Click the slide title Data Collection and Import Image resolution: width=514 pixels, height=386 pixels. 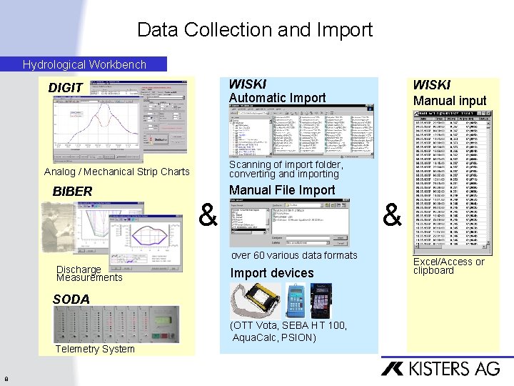pos(255,30)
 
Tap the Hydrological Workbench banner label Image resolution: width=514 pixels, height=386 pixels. pos(84,64)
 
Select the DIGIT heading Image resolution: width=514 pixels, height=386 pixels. pos(66,88)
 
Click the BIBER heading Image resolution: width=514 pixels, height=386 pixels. pos(72,192)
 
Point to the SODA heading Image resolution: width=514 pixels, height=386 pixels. pos(71,299)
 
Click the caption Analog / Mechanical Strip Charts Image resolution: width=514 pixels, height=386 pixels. pos(116,172)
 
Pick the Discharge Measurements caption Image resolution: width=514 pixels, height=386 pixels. pos(89,274)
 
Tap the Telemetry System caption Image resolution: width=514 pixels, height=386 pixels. pos(94,349)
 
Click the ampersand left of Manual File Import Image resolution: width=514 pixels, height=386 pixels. pos(208,214)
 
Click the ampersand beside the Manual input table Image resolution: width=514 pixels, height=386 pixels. pos(393,214)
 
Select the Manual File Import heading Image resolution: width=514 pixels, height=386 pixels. pos(282,190)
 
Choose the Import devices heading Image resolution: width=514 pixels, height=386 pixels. pos(272,273)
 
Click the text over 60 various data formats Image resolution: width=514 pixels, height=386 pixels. pos(293,255)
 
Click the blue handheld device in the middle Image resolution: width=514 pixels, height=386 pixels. pos(295,301)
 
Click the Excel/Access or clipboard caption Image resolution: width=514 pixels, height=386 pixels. pos(448,266)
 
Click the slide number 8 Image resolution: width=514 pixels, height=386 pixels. pos(6,379)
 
